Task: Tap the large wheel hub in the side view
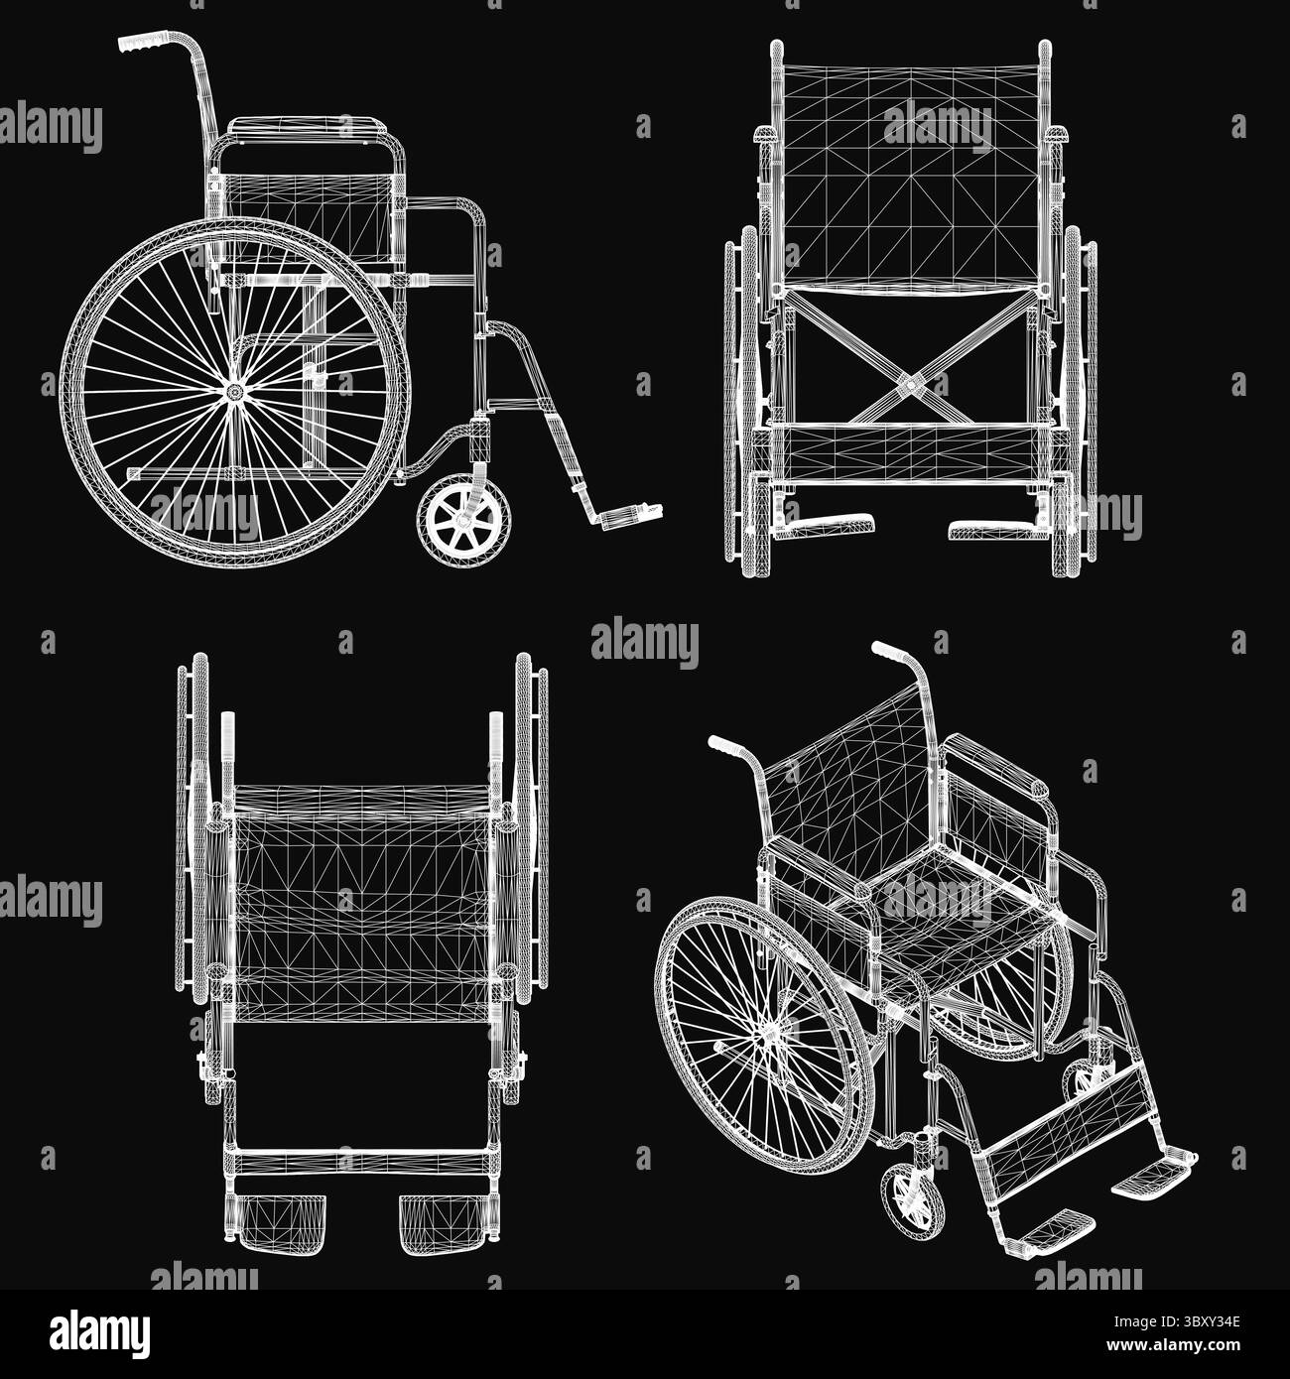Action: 235,392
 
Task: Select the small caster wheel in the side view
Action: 464,520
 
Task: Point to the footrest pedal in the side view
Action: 626,516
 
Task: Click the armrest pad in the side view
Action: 307,127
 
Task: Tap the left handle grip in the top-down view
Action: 228,734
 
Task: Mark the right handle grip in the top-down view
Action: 496,734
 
